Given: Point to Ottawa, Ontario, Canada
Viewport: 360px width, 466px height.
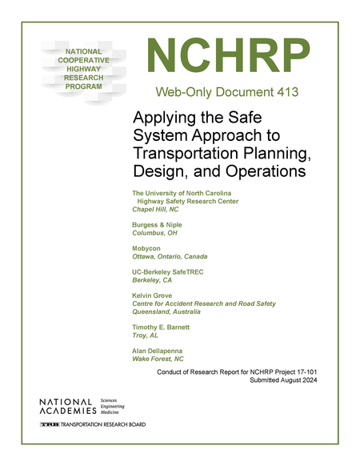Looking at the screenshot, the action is coord(170,257).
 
